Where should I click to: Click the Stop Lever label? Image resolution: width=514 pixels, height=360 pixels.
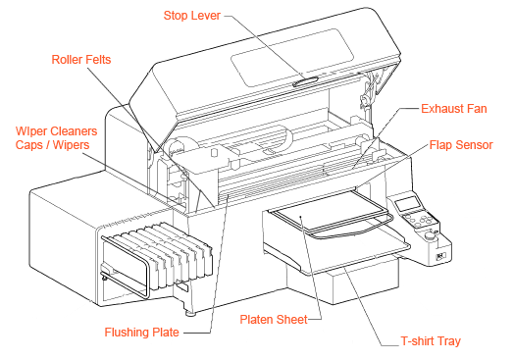click(x=191, y=16)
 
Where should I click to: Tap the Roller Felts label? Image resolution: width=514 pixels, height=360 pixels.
click(x=81, y=59)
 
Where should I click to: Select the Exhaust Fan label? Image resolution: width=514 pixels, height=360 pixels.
click(x=454, y=109)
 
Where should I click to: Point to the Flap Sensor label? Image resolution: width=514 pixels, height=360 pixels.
click(x=461, y=145)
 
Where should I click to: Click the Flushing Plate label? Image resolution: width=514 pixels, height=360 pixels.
click(x=141, y=333)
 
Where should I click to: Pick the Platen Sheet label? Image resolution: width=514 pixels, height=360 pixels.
click(x=274, y=320)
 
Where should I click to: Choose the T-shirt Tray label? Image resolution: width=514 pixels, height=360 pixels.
click(x=431, y=341)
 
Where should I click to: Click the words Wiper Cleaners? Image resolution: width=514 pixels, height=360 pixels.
click(x=56, y=131)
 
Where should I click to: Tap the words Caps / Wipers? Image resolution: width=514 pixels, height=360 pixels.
click(x=52, y=145)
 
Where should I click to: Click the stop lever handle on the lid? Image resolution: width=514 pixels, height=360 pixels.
click(x=305, y=81)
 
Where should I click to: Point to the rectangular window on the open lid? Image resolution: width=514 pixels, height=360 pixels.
click(x=292, y=57)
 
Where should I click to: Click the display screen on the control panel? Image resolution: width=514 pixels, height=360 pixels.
click(x=408, y=204)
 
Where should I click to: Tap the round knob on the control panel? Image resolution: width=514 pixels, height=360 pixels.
click(x=429, y=235)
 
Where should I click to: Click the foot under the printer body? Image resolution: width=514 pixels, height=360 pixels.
click(x=190, y=314)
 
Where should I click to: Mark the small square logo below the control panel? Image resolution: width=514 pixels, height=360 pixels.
click(x=440, y=256)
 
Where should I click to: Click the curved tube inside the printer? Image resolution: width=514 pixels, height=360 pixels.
click(x=287, y=137)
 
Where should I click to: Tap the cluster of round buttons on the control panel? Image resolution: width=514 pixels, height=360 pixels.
click(x=418, y=220)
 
